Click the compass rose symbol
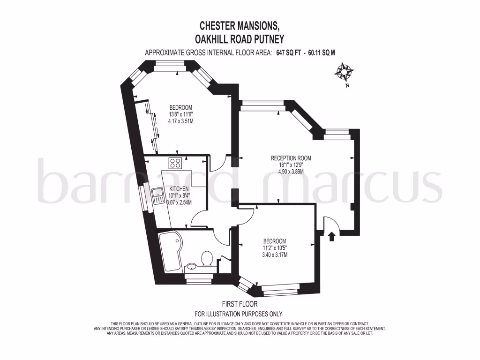click(344, 72)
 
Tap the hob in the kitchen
click(176, 163)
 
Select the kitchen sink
click(156, 194)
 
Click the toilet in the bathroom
click(207, 258)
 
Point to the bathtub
click(168, 251)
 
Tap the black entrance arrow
click(332, 236)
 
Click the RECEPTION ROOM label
click(291, 158)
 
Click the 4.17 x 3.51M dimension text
click(180, 120)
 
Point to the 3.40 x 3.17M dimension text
click(274, 255)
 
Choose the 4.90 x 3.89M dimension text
click(291, 172)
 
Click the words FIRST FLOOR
click(240, 304)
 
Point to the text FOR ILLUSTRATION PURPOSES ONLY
click(239, 314)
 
